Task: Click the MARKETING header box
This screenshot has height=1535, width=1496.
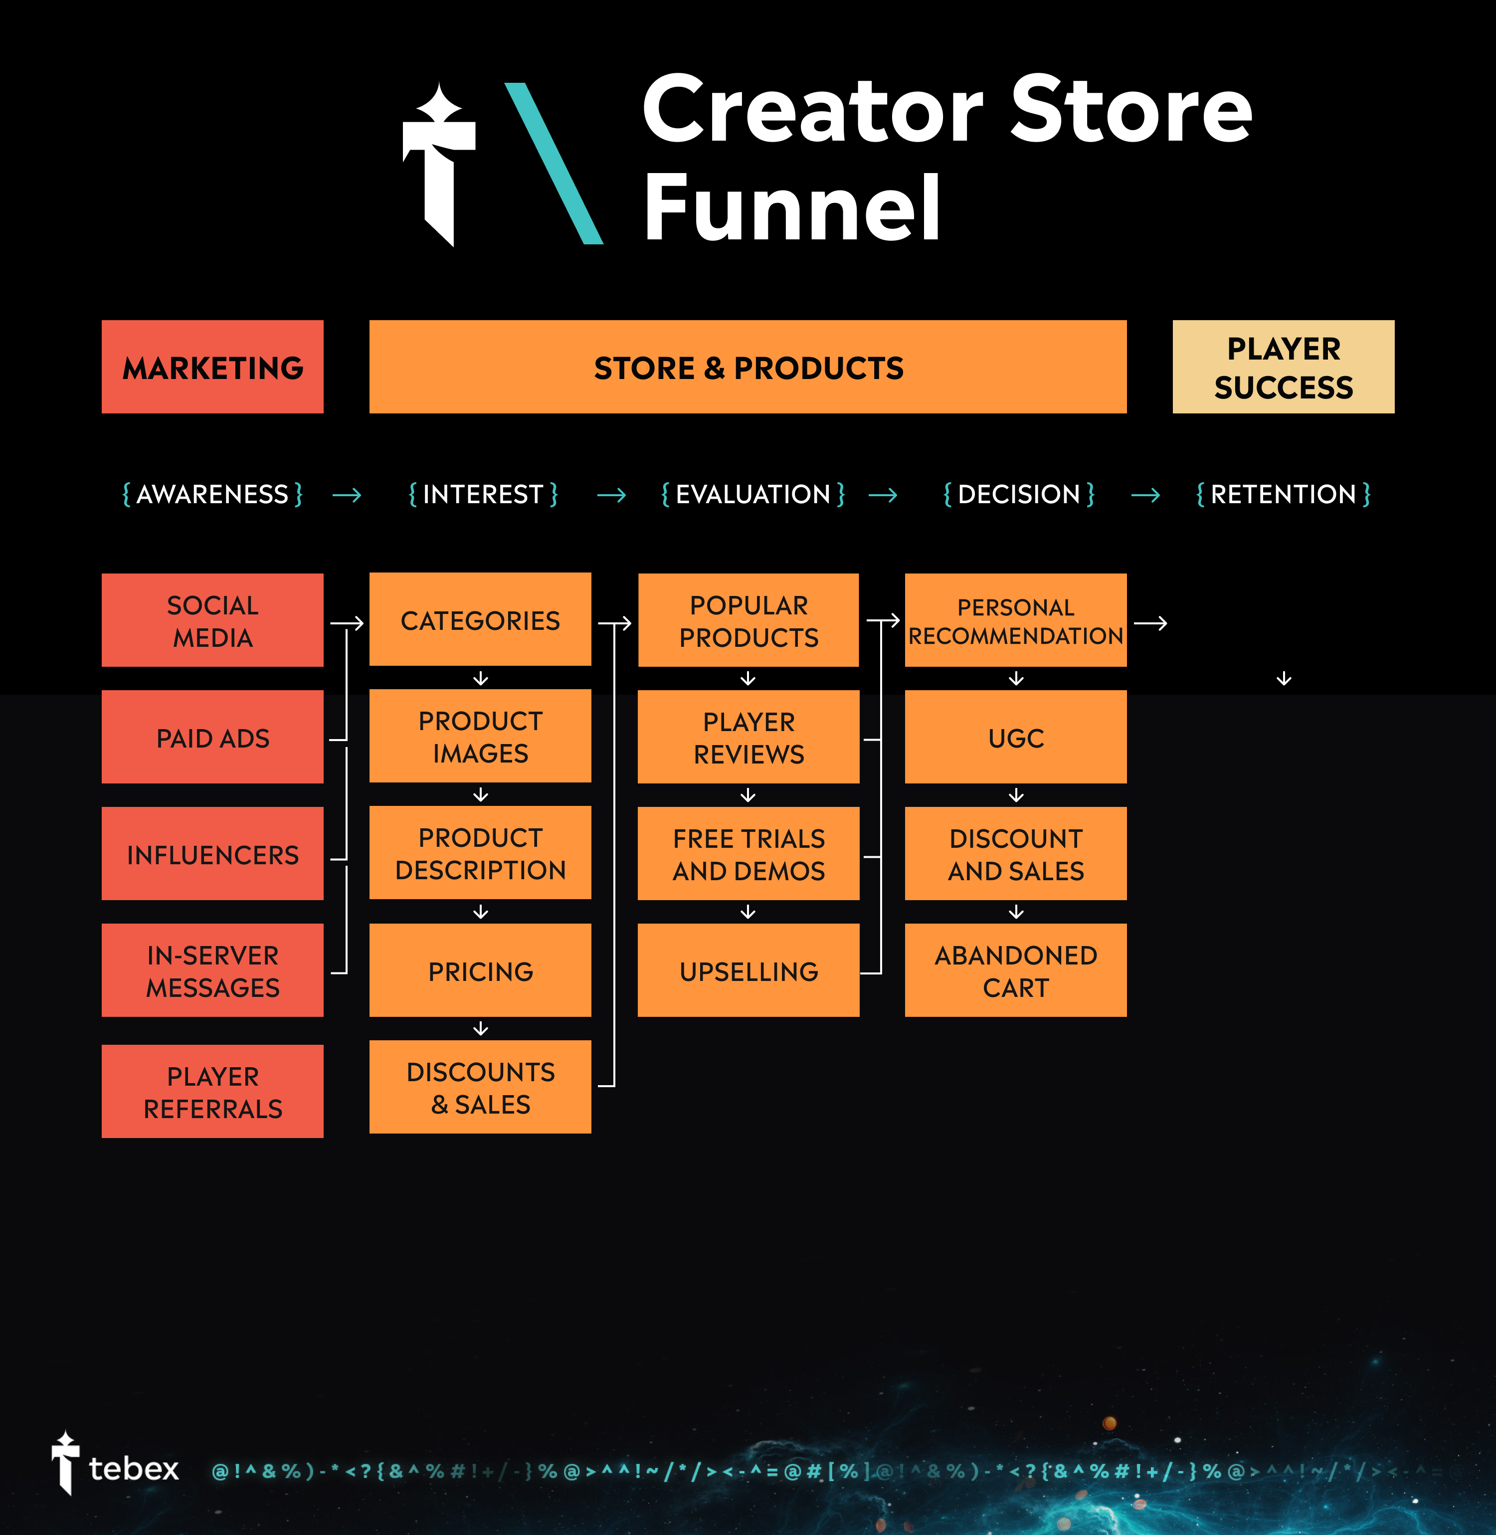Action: (212, 367)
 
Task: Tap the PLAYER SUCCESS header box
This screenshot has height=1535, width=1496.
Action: (1283, 367)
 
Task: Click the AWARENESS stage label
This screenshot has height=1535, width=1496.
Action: (212, 494)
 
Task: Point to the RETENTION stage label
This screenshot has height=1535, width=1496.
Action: (1283, 494)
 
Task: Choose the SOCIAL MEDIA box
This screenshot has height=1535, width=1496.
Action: (212, 620)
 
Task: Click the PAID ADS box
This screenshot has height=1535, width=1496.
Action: (212, 737)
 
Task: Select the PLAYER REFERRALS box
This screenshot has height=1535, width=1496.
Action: (212, 1091)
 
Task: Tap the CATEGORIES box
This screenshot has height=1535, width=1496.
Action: (480, 620)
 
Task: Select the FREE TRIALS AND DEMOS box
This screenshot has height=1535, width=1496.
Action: (748, 854)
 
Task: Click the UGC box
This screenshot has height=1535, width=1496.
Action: (1015, 737)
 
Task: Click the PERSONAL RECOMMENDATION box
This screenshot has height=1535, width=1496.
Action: (1015, 620)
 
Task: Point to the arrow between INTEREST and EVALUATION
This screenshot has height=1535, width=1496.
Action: (611, 495)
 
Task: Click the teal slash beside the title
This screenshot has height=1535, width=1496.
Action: (554, 164)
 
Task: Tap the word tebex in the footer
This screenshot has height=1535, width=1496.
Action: (134, 1468)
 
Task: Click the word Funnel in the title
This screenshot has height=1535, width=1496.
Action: (791, 208)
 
